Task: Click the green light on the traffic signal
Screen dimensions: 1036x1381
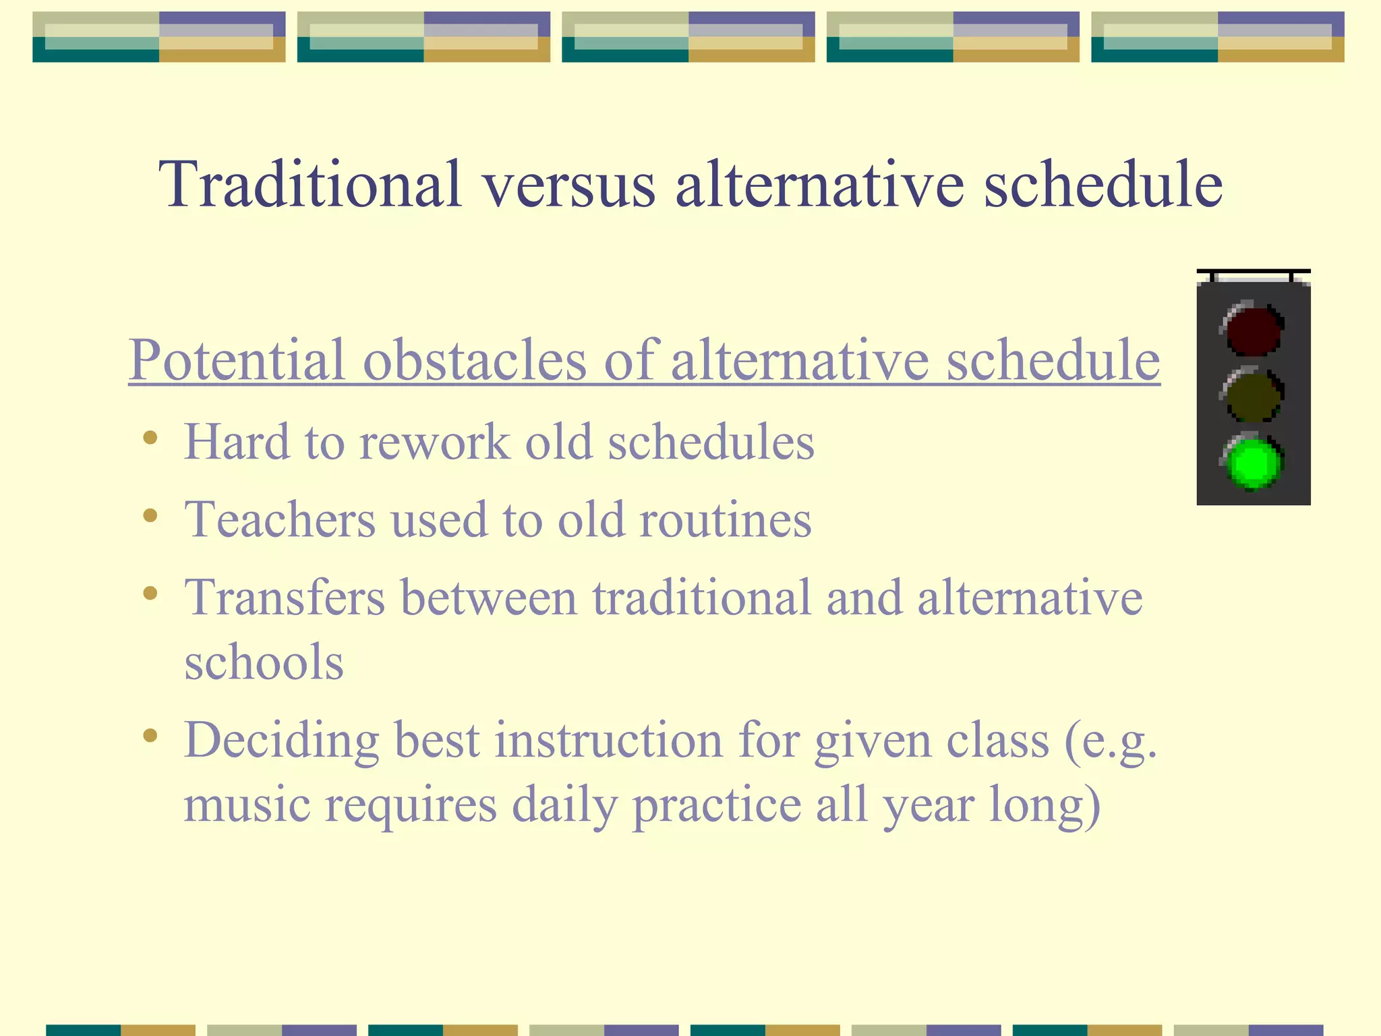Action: click(x=1253, y=463)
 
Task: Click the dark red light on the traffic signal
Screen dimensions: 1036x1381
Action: click(x=1253, y=330)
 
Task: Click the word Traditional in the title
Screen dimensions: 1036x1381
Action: click(x=310, y=183)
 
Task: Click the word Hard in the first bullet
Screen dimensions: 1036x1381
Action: click(x=236, y=442)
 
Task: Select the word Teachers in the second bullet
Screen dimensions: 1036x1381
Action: click(x=279, y=519)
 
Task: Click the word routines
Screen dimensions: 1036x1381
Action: click(x=725, y=519)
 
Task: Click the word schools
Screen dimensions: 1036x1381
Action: click(x=264, y=662)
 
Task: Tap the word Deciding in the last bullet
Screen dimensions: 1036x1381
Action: click(x=281, y=741)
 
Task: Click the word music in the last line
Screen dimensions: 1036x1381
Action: click(x=247, y=804)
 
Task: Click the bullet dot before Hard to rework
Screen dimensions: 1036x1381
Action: click(x=150, y=438)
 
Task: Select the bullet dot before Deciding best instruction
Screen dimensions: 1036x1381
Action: click(x=150, y=736)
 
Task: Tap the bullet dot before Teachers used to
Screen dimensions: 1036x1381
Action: click(x=150, y=516)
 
